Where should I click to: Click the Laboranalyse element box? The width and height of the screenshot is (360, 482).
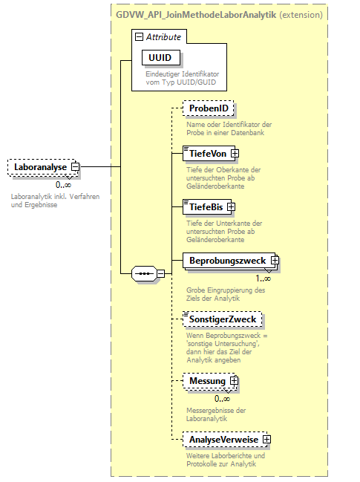[40, 168]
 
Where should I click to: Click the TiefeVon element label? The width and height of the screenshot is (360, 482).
[207, 154]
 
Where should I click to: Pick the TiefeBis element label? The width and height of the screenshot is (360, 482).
[205, 206]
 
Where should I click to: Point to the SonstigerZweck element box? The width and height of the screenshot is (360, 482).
[222, 319]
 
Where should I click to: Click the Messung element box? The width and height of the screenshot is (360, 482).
[207, 381]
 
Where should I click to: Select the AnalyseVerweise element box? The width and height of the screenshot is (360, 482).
[223, 440]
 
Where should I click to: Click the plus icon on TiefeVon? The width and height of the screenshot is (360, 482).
[235, 154]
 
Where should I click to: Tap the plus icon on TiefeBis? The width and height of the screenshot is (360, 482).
[231, 206]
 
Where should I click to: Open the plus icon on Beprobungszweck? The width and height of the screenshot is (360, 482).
[274, 261]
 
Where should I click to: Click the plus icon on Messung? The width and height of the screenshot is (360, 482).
[234, 381]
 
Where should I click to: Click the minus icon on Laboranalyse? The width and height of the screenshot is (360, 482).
[75, 168]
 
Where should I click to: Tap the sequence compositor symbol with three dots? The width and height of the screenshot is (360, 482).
[144, 274]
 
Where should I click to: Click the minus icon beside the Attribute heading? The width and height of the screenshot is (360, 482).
[139, 36]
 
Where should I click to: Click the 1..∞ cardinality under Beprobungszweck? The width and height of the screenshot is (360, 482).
[264, 279]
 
